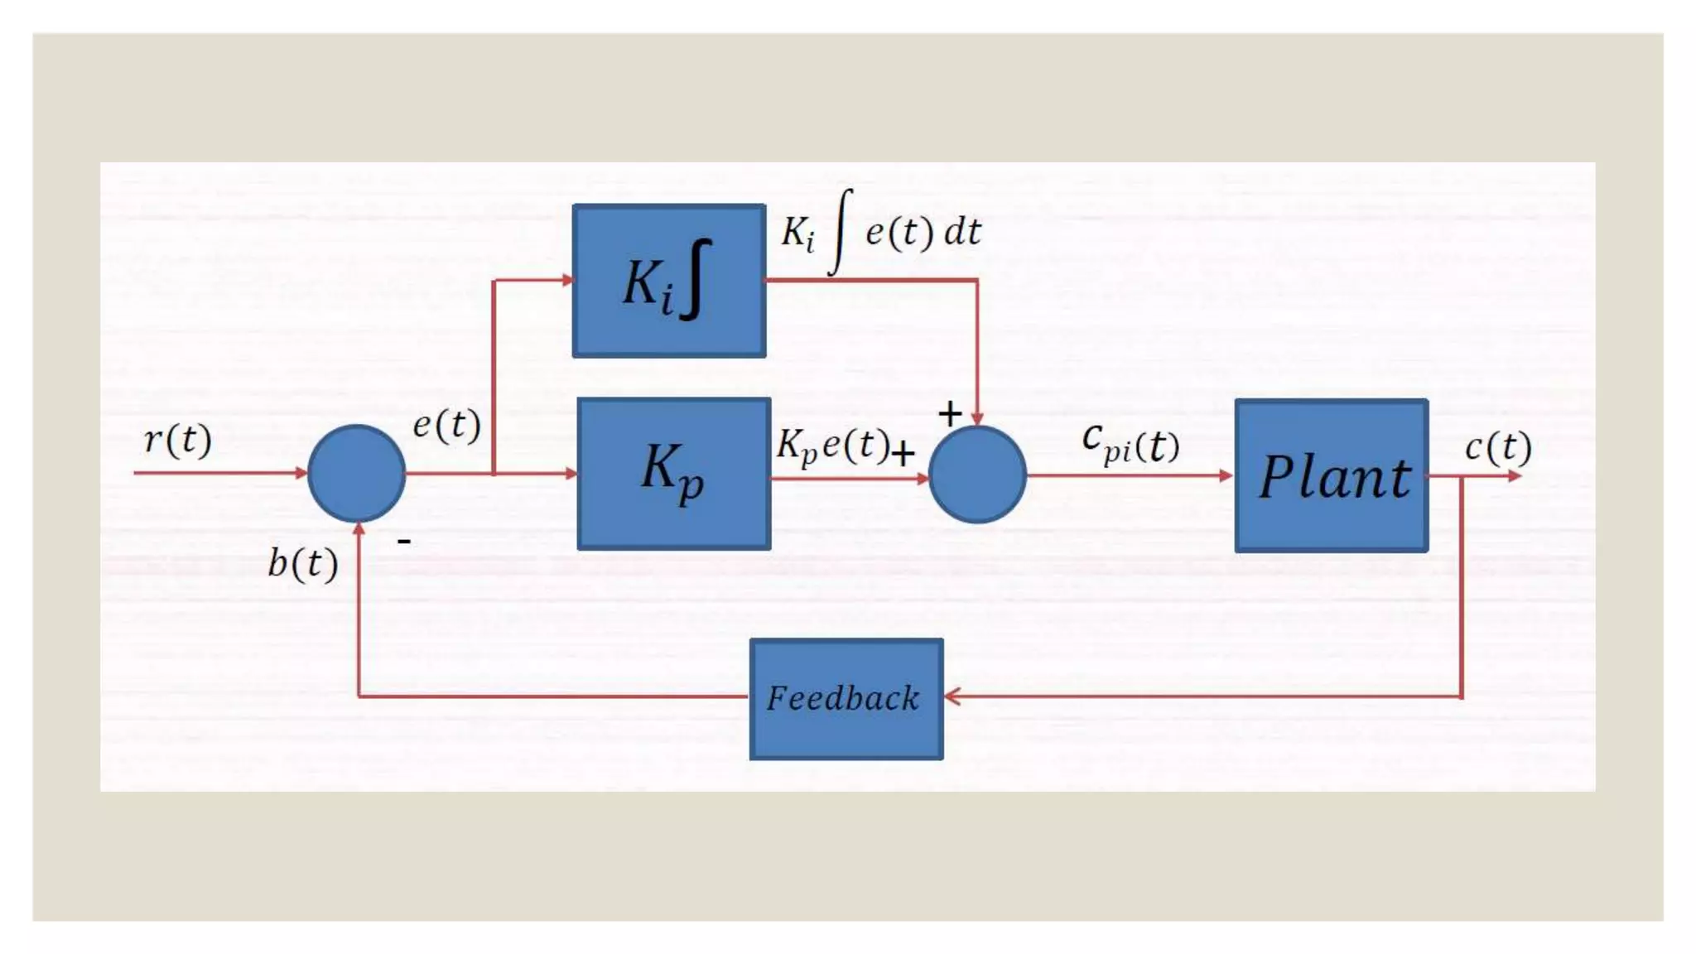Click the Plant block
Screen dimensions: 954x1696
pos(1331,475)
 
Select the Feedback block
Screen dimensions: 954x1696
pos(846,698)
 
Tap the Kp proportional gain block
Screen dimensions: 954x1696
pos(673,474)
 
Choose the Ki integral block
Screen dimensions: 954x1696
pos(668,281)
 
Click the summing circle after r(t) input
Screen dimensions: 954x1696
pos(356,474)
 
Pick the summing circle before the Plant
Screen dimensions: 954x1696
pos(977,475)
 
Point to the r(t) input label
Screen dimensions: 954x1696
pos(178,439)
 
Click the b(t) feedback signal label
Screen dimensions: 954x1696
pos(303,564)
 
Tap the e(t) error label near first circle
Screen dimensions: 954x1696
pos(446,425)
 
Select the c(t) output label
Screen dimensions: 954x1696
pos(1498,447)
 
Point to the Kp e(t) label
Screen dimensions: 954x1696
pos(832,446)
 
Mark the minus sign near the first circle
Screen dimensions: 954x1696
pos(404,542)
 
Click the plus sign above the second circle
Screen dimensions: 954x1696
pos(950,412)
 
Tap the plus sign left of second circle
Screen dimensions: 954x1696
pos(903,453)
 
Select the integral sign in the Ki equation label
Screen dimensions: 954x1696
pos(841,232)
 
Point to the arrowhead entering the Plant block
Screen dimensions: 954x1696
pos(1226,475)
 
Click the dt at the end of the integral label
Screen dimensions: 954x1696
pos(962,232)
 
